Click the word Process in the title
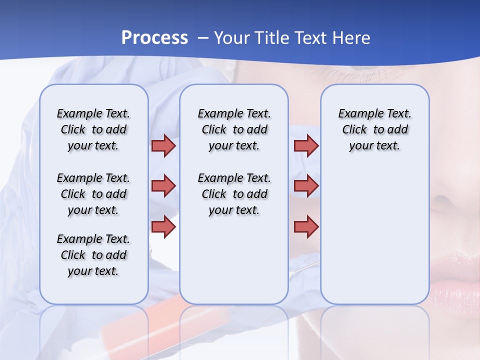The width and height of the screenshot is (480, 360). tap(154, 38)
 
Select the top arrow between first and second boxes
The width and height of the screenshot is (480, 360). tap(163, 145)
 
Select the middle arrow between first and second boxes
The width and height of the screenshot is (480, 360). tap(163, 186)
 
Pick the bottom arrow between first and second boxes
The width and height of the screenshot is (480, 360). tap(163, 227)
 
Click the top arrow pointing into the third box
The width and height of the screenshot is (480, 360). tap(306, 145)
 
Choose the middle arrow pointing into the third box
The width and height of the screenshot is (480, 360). tap(306, 186)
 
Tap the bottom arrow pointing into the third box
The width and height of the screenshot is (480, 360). tap(306, 227)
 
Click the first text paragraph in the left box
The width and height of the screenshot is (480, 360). tap(93, 129)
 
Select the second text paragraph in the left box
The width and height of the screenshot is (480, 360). tap(93, 194)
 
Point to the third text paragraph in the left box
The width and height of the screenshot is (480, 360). tap(93, 255)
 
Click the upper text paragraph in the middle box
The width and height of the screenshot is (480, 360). tap(234, 129)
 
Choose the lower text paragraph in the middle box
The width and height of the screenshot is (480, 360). tap(234, 194)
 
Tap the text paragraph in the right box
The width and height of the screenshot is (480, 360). tap(374, 129)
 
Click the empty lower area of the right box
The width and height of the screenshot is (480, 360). tap(374, 240)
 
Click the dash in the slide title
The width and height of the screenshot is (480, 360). tap(203, 38)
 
